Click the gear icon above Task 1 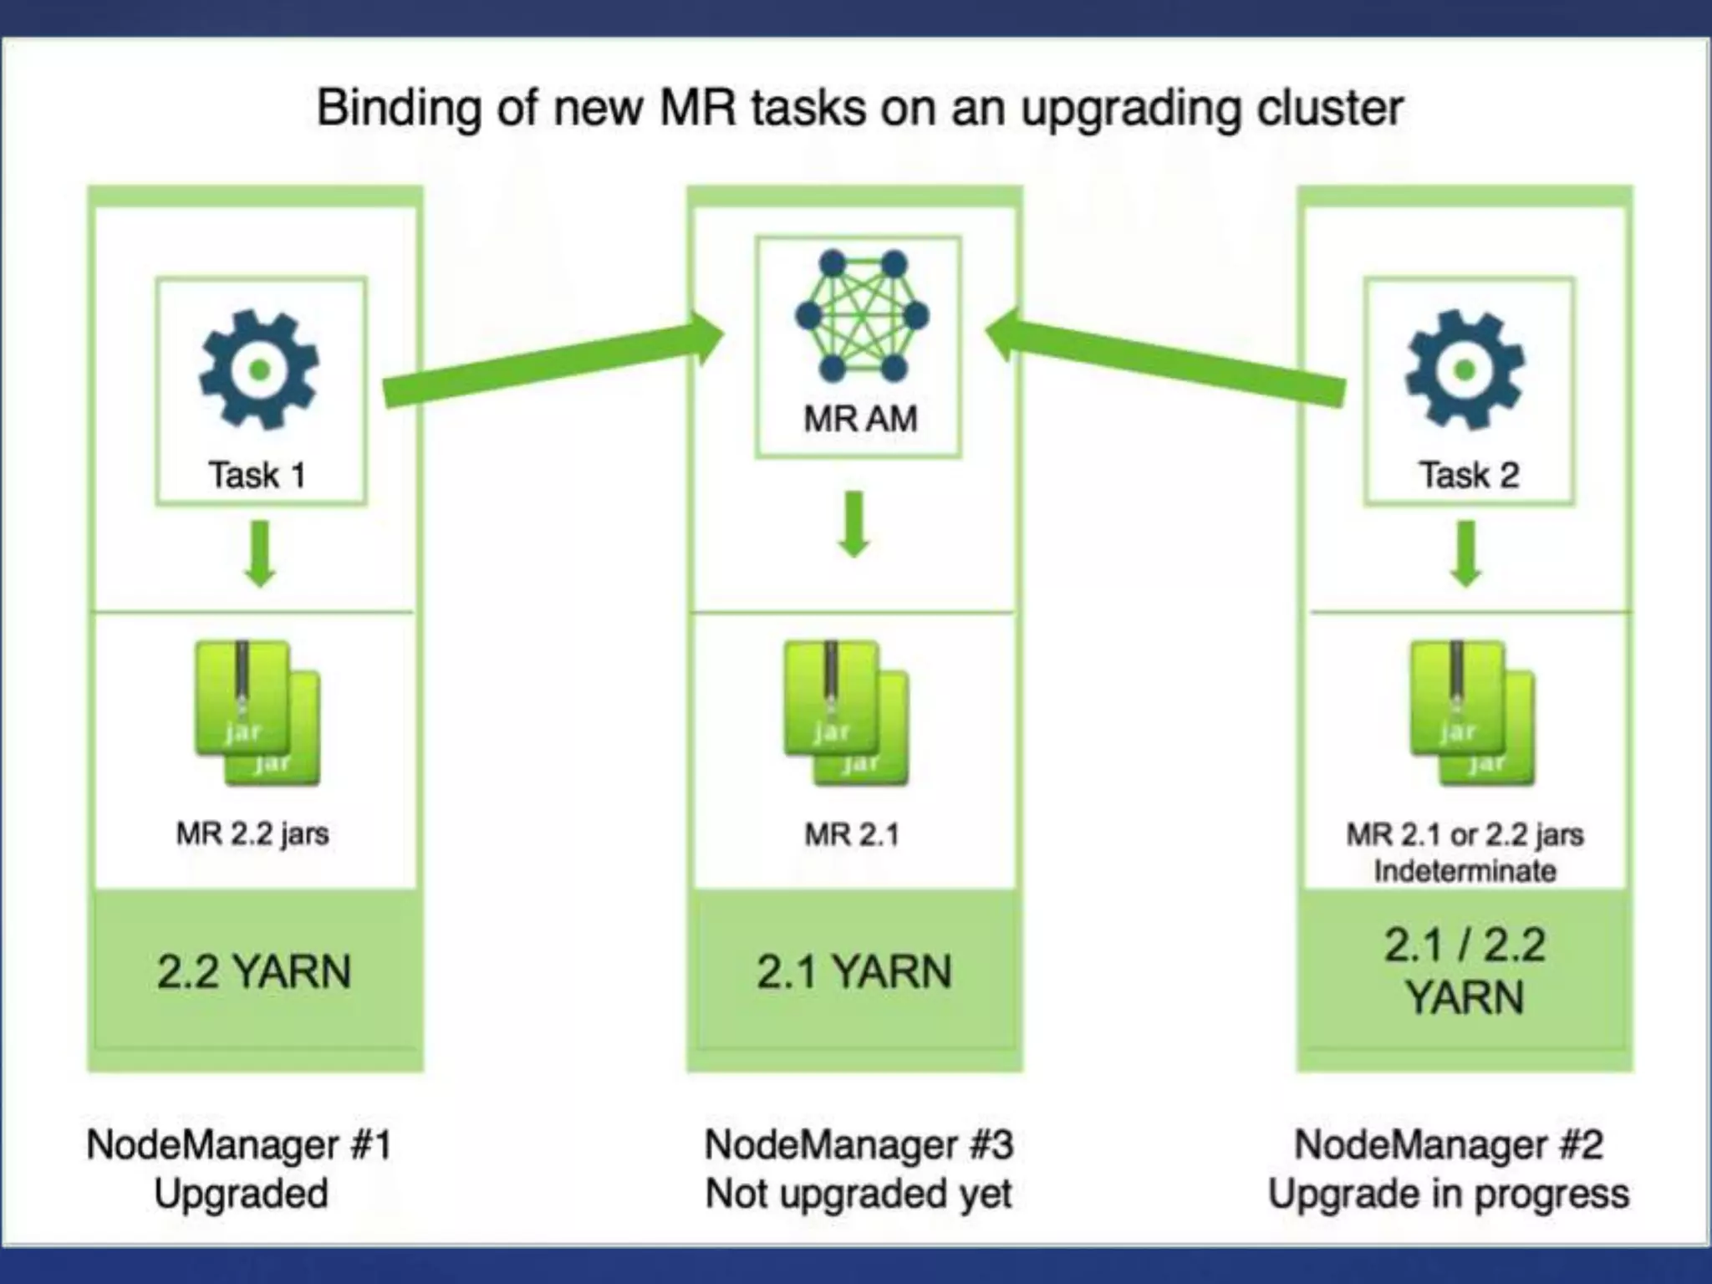point(259,369)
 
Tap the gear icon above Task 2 point(1465,369)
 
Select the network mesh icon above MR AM point(862,316)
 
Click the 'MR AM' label point(860,419)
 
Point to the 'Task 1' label point(257,475)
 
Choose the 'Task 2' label point(1469,475)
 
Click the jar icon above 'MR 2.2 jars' point(257,713)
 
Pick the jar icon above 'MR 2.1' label point(845,713)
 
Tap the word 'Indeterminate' point(1465,871)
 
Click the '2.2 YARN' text point(254,971)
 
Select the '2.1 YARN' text point(854,971)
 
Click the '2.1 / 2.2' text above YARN point(1465,945)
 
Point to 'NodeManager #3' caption point(859,1144)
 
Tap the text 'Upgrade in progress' point(1449,1194)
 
